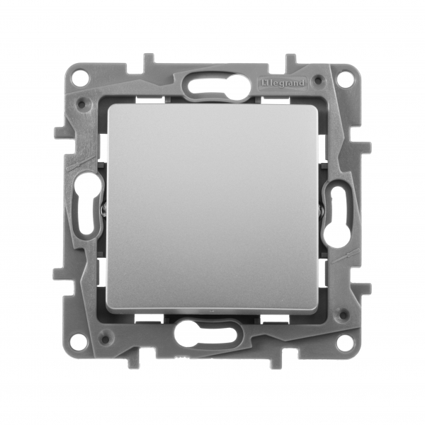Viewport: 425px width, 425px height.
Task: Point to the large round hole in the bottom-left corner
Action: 80,341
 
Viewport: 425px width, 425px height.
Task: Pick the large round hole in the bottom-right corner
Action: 345,341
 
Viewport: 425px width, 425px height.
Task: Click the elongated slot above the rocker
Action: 212,87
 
